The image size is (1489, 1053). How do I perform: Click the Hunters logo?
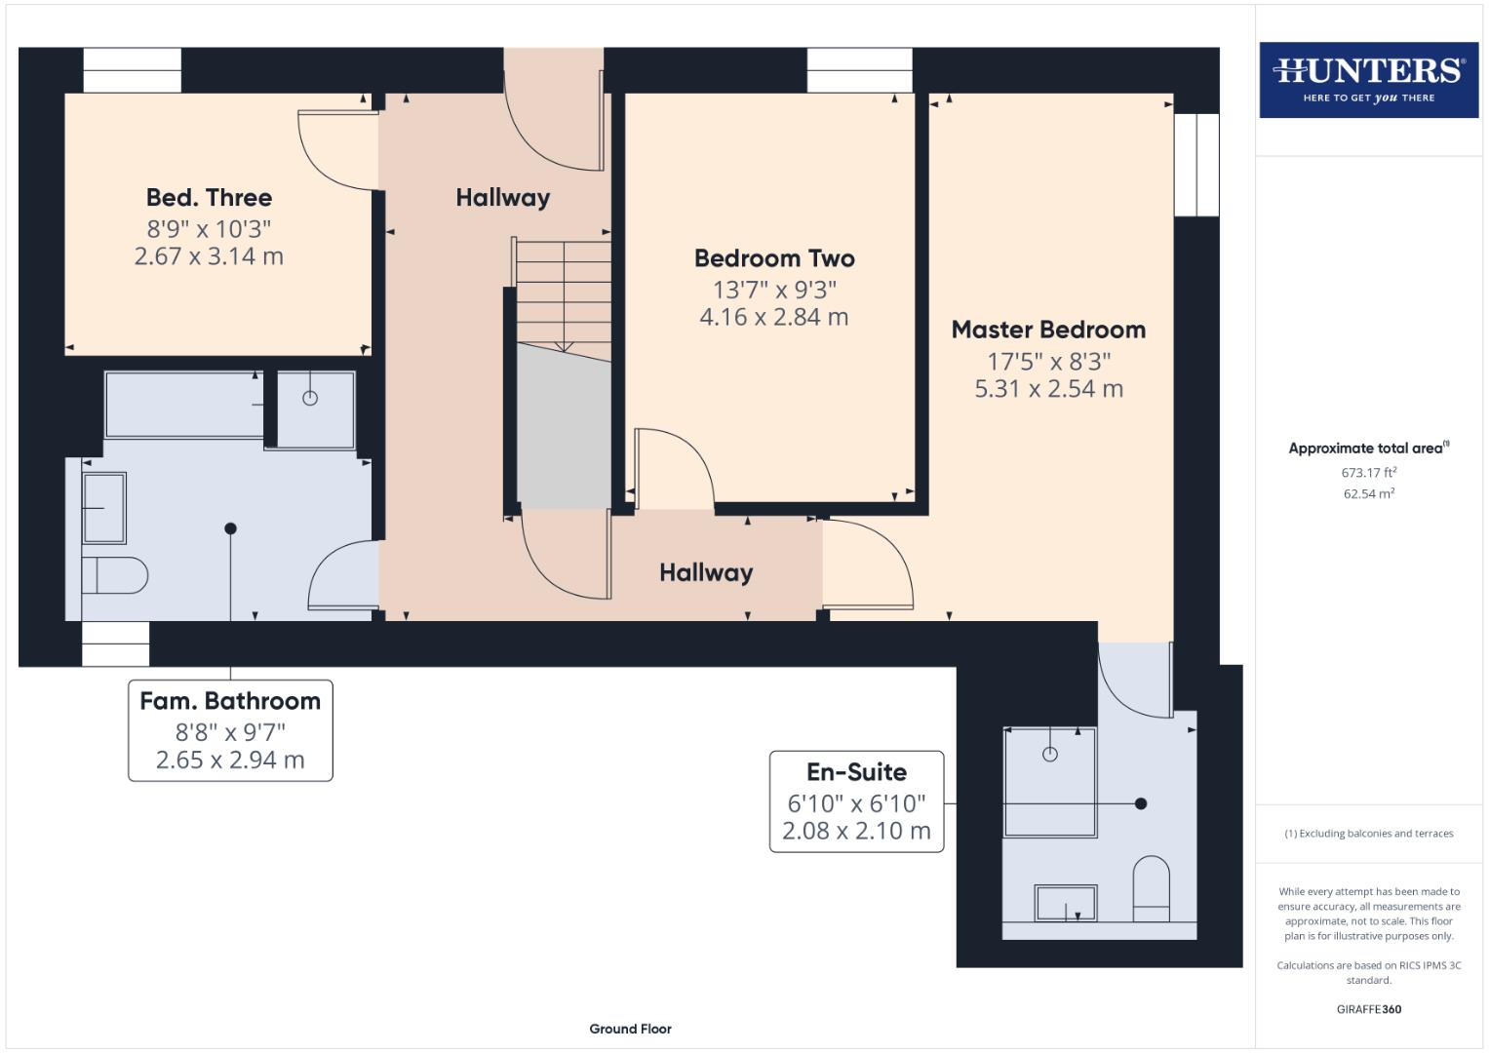coord(1368,79)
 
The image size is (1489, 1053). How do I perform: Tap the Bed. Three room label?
coord(209,198)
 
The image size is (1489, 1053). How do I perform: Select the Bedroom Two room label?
coord(774,258)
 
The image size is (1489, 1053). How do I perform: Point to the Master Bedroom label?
coord(1048,330)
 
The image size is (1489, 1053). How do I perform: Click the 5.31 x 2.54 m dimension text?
coord(1048,389)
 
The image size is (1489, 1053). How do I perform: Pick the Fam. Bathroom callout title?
coord(230,701)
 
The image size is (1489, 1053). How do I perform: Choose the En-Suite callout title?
coord(856,772)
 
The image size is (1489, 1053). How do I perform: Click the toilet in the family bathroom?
coord(114,575)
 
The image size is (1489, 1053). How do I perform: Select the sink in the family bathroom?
coord(104,507)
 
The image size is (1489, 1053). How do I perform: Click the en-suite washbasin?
coord(1065,903)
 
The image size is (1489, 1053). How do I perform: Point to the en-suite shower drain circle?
coord(1050,754)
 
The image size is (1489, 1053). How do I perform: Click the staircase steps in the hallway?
coord(563,292)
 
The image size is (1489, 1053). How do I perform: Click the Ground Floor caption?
coord(630,1029)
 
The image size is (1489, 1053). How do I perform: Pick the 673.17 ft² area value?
coord(1368,473)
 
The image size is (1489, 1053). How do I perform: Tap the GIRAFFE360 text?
coord(1368,1009)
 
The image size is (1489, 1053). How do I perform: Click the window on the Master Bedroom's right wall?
coord(1195,165)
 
